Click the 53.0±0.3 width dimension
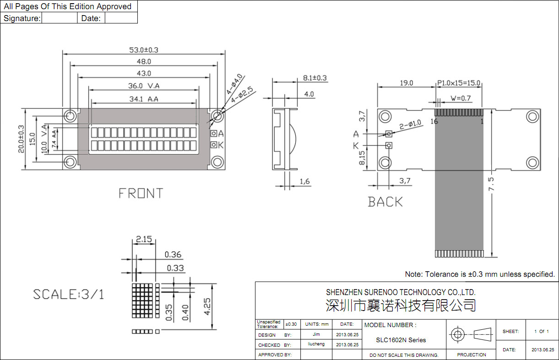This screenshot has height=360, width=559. click(145, 49)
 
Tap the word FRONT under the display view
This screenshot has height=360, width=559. click(141, 193)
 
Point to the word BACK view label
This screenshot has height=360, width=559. click(385, 202)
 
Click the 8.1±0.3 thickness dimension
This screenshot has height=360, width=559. click(315, 78)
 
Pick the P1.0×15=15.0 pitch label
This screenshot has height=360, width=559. click(459, 83)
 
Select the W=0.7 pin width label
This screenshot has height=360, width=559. click(461, 98)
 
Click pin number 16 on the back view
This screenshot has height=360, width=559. click(434, 121)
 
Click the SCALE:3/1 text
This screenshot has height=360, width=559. click(69, 294)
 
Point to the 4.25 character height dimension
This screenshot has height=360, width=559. click(208, 306)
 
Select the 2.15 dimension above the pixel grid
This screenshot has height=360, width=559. click(144, 239)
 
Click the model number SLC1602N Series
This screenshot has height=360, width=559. click(401, 340)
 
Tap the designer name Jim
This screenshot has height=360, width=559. click(316, 334)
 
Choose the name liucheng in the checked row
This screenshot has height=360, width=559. click(316, 344)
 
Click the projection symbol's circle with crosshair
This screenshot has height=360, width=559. click(457, 334)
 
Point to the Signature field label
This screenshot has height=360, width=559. click(22, 18)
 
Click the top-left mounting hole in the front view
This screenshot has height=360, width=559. click(70, 116)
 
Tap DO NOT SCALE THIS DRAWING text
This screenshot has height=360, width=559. click(404, 355)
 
